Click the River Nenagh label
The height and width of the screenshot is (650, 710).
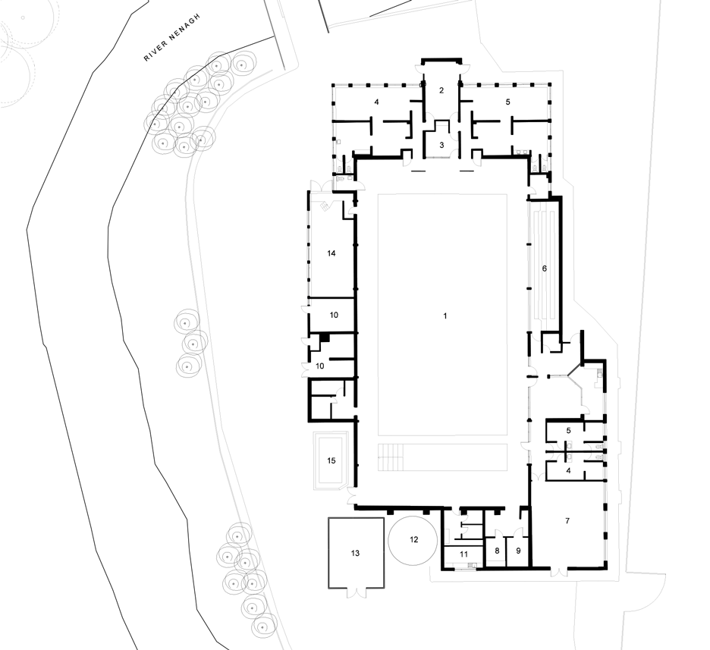tap(171, 38)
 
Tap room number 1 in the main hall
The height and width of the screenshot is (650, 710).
tap(445, 316)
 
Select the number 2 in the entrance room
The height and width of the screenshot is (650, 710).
tap(441, 90)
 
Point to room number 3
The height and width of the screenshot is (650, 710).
tap(442, 146)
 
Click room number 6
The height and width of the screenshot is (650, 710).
tap(545, 268)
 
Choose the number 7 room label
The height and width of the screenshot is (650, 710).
tap(567, 521)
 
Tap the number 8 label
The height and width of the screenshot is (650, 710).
tap(497, 551)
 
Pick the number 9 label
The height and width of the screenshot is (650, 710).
tap(518, 551)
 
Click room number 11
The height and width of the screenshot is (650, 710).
tap(463, 554)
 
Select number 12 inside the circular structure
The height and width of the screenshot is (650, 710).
tap(414, 539)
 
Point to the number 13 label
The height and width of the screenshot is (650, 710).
tap(355, 553)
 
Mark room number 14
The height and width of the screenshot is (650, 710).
tap(331, 253)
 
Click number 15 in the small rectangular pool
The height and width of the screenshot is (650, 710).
tap(331, 461)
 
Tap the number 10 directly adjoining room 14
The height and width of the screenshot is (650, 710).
tap(334, 315)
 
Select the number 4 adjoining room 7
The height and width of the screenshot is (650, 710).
tap(568, 471)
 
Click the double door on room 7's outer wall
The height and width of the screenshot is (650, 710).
tap(558, 572)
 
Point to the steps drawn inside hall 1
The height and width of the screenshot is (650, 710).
tap(390, 457)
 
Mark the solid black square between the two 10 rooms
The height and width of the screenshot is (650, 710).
tap(324, 338)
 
